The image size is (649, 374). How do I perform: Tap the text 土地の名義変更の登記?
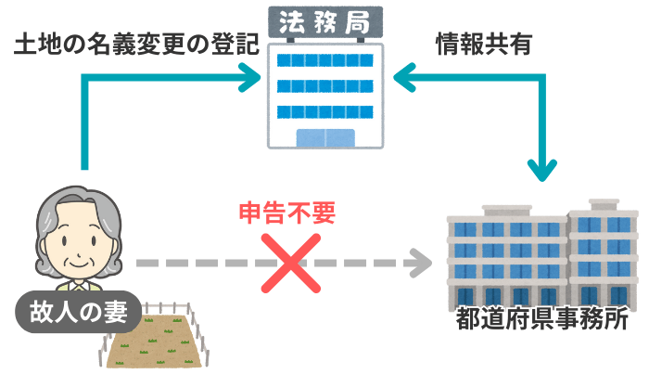click(135, 46)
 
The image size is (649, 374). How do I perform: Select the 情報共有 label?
click(483, 45)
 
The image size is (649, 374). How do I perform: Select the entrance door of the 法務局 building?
click(324, 137)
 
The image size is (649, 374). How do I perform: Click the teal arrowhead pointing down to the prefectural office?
click(542, 170)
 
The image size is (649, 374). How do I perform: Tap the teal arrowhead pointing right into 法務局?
click(248, 81)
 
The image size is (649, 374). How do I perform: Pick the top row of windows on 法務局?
click(324, 60)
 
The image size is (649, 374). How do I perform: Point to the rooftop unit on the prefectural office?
click(604, 202)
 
